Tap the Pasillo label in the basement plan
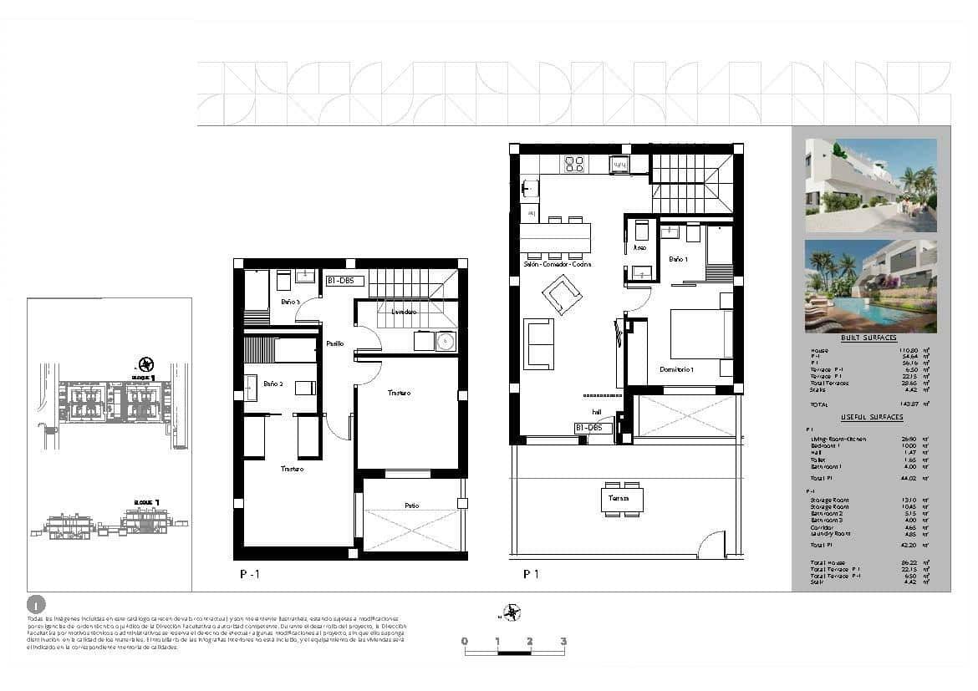(x=334, y=343)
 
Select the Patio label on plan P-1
(x=411, y=506)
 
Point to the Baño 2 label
(x=273, y=384)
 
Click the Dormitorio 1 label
(x=677, y=368)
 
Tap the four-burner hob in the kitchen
(x=574, y=164)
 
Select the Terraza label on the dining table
(x=619, y=499)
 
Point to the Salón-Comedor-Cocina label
(x=558, y=265)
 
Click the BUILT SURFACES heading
(x=869, y=338)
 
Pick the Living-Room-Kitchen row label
(x=838, y=439)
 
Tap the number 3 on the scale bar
(x=563, y=642)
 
